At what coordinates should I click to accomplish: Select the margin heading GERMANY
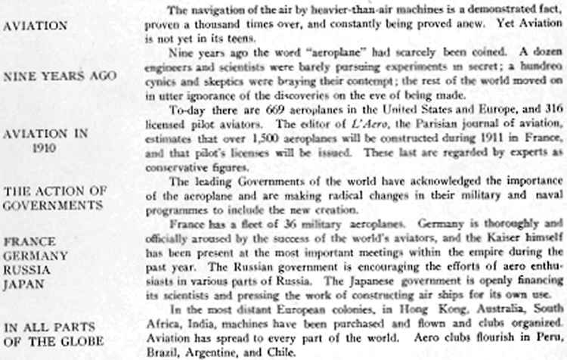(36, 256)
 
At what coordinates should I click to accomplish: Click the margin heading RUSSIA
(28, 270)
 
